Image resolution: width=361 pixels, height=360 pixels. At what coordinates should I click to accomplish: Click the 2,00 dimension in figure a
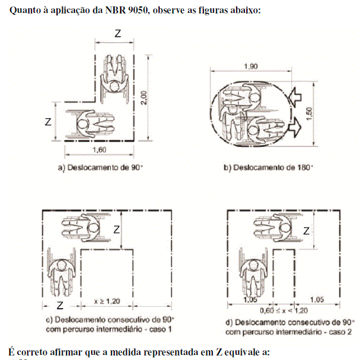click(144, 98)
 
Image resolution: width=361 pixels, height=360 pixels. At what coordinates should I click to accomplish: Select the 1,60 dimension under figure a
click(99, 150)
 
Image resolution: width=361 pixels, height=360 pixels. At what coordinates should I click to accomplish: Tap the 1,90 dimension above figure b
click(251, 66)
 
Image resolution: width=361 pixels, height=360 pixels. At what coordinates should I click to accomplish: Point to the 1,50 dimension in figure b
click(310, 114)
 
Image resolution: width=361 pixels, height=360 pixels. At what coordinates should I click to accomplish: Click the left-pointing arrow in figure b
click(294, 97)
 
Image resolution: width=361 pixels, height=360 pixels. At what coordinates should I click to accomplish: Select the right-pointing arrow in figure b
click(295, 128)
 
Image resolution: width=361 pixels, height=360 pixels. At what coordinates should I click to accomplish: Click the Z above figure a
click(117, 33)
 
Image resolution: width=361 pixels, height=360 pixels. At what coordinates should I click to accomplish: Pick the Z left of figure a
click(48, 121)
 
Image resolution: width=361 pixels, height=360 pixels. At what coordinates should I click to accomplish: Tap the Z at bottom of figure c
click(60, 305)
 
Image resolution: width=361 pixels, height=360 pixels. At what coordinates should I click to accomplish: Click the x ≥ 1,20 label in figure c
click(107, 301)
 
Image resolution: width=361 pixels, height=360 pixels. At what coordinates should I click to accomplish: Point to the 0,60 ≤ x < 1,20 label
click(283, 311)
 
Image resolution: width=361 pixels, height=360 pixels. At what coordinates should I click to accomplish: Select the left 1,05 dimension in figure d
click(250, 300)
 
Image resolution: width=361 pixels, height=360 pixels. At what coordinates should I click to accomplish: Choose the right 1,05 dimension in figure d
click(317, 300)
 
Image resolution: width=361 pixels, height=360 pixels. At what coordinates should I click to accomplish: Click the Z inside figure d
click(306, 231)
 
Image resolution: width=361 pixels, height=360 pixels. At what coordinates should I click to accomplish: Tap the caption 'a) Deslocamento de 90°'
click(100, 167)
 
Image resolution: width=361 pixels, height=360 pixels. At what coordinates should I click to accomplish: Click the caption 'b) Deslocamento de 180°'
click(269, 167)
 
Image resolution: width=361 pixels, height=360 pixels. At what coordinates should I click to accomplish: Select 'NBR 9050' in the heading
click(126, 10)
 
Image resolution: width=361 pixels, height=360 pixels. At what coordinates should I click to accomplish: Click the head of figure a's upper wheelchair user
click(114, 87)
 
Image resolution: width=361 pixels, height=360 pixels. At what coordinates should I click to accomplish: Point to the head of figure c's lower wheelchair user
click(62, 265)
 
